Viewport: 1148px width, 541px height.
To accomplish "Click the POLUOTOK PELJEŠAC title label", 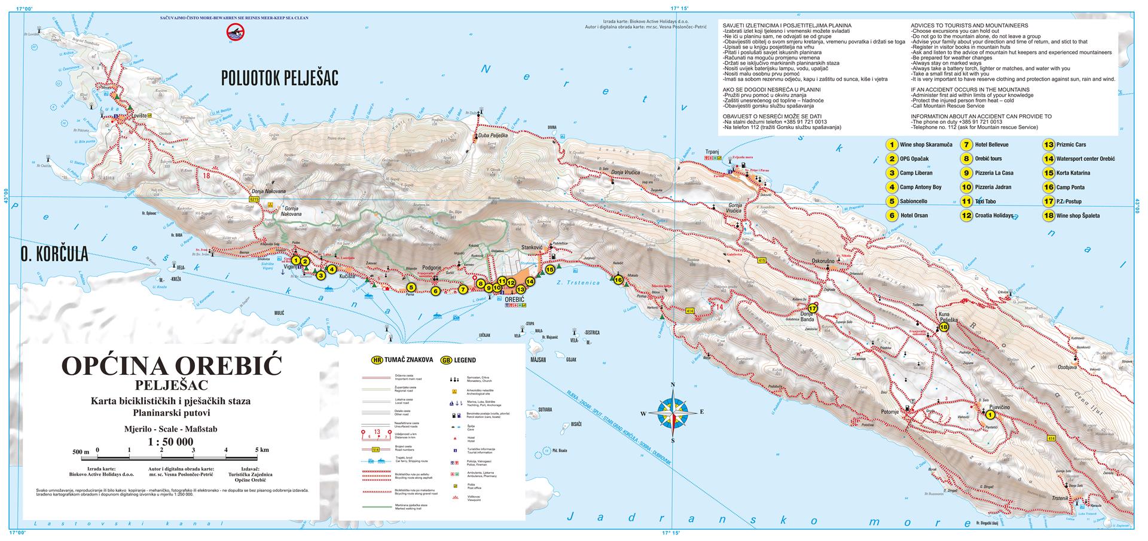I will point(279,78).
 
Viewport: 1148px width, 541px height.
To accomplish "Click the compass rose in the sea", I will point(673,412).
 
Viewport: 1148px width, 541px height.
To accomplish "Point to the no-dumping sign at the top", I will point(233,33).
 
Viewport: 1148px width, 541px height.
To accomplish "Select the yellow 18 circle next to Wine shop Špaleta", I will point(1048,216).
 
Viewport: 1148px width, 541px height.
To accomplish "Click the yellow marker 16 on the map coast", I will point(618,280).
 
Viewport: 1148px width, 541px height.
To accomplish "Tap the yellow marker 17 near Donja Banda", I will point(812,308).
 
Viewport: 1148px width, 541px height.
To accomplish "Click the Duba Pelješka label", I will point(493,136).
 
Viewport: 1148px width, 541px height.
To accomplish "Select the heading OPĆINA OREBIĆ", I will point(172,365).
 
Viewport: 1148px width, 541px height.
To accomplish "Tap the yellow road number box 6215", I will point(254,198).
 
